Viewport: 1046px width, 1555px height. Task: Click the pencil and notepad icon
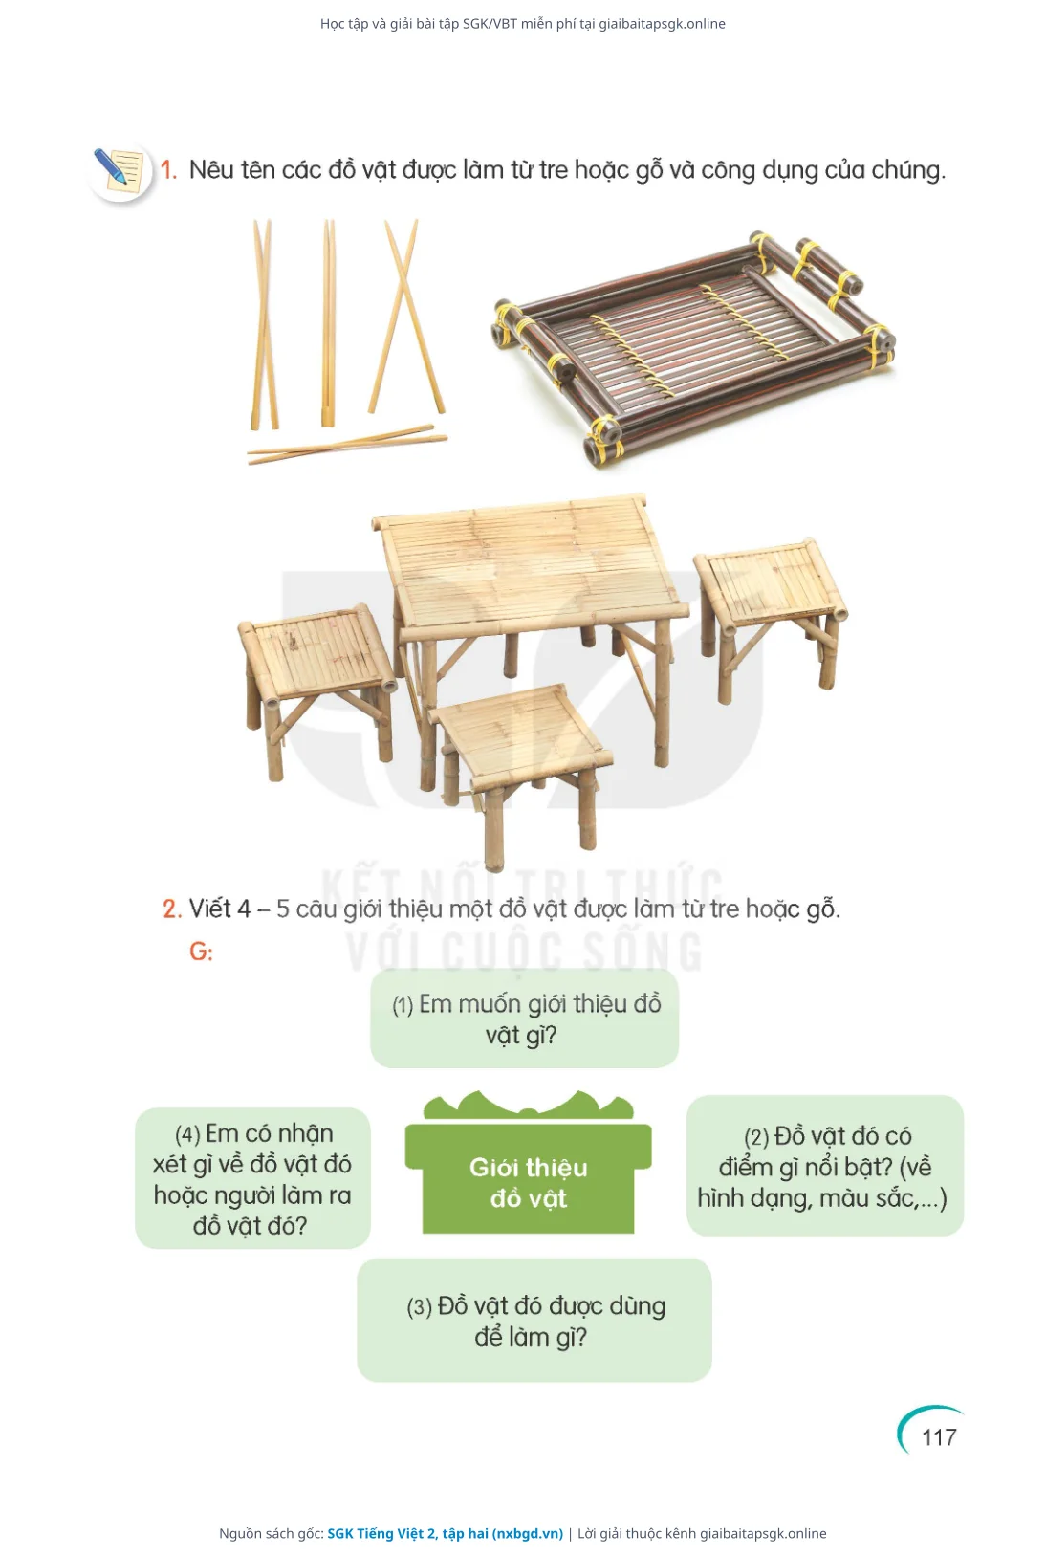pyautogui.click(x=120, y=173)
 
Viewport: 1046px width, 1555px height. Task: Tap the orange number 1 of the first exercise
pyautogui.click(x=168, y=170)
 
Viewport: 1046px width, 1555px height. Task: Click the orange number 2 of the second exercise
pyautogui.click(x=171, y=909)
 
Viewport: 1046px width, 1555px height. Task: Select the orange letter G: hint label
pyautogui.click(x=202, y=951)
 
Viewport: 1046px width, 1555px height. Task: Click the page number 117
pyautogui.click(x=939, y=1436)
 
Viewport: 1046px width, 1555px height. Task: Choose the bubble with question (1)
pyautogui.click(x=524, y=1018)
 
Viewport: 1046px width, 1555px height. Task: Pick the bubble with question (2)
pyautogui.click(x=824, y=1166)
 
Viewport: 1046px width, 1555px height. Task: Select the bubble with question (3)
pyautogui.click(x=534, y=1320)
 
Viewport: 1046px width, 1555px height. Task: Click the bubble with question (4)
pyautogui.click(x=252, y=1178)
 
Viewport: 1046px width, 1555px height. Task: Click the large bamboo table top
pyautogui.click(x=531, y=566)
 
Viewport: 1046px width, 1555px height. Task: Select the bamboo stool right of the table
pyautogui.click(x=771, y=611)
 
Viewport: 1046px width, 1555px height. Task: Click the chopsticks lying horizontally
pyautogui.click(x=347, y=444)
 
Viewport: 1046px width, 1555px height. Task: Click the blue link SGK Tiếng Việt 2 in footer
pyautogui.click(x=445, y=1533)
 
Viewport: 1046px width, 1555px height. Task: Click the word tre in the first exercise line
pyautogui.click(x=554, y=170)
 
